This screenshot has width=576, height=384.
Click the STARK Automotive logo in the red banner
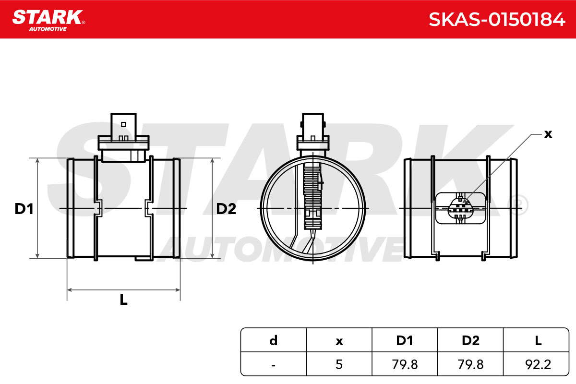click(48, 21)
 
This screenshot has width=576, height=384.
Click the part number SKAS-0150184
click(497, 20)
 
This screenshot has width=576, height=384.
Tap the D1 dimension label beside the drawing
click(24, 209)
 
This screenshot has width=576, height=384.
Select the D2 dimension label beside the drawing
click(226, 209)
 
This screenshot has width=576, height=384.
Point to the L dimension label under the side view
click(124, 300)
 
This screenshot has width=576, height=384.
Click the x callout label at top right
click(548, 134)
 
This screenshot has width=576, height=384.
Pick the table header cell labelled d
click(273, 340)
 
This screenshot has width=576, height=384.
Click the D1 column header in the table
click(405, 340)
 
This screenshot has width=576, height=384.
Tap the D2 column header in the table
click(470, 340)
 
